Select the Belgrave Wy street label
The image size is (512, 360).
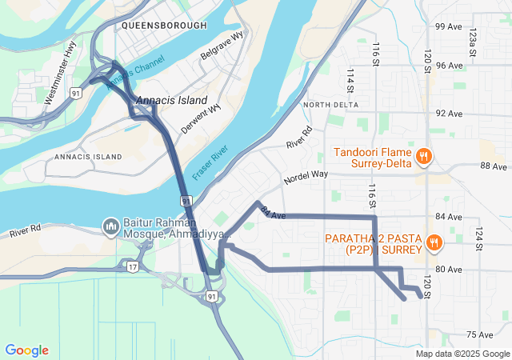coord(222,50)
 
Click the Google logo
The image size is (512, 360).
coord(26,350)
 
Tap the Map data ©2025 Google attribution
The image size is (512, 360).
coord(462,354)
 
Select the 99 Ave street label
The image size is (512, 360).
coord(448,26)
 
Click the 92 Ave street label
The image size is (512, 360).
coord(448,114)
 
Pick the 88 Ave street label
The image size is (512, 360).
coord(494,166)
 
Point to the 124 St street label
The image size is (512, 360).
coord(479,238)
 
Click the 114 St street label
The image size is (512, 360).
coord(350,81)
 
